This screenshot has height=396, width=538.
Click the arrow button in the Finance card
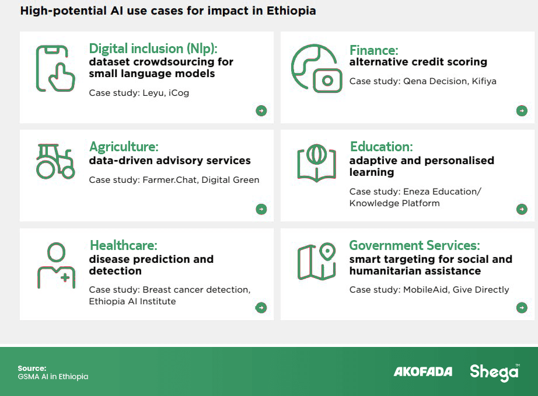pyautogui.click(x=522, y=110)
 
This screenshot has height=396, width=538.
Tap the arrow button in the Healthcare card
pyautogui.click(x=261, y=308)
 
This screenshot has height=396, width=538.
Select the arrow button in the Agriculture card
pyautogui.click(x=261, y=209)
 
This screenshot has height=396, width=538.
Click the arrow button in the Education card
pyautogui.click(x=522, y=209)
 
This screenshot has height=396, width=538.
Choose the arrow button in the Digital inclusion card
pyautogui.click(x=261, y=110)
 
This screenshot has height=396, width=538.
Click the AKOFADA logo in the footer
pyautogui.click(x=422, y=371)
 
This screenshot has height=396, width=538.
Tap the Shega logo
pyautogui.click(x=494, y=372)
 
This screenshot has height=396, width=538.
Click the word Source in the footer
pyautogui.click(x=32, y=368)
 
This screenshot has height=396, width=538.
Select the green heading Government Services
pyautogui.click(x=414, y=245)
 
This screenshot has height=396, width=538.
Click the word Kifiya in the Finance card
pyautogui.click(x=484, y=81)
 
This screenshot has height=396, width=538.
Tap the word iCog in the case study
pyautogui.click(x=179, y=93)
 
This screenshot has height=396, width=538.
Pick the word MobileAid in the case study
pyautogui.click(x=425, y=290)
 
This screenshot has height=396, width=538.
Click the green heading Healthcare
pyautogui.click(x=124, y=245)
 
